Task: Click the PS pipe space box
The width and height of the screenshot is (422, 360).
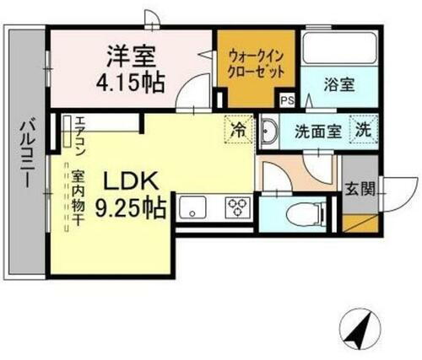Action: tap(287, 99)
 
